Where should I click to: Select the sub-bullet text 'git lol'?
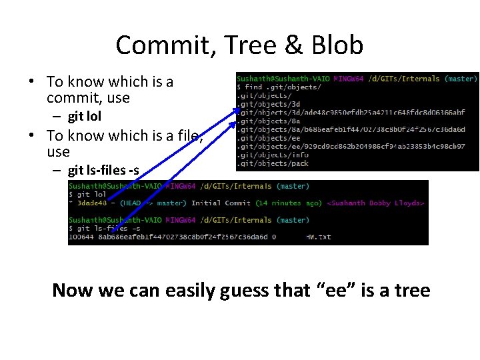(x=85, y=117)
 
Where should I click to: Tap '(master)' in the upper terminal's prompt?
(x=461, y=79)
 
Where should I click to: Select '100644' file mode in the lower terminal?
(x=83, y=236)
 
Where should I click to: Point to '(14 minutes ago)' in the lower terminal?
(x=288, y=203)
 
